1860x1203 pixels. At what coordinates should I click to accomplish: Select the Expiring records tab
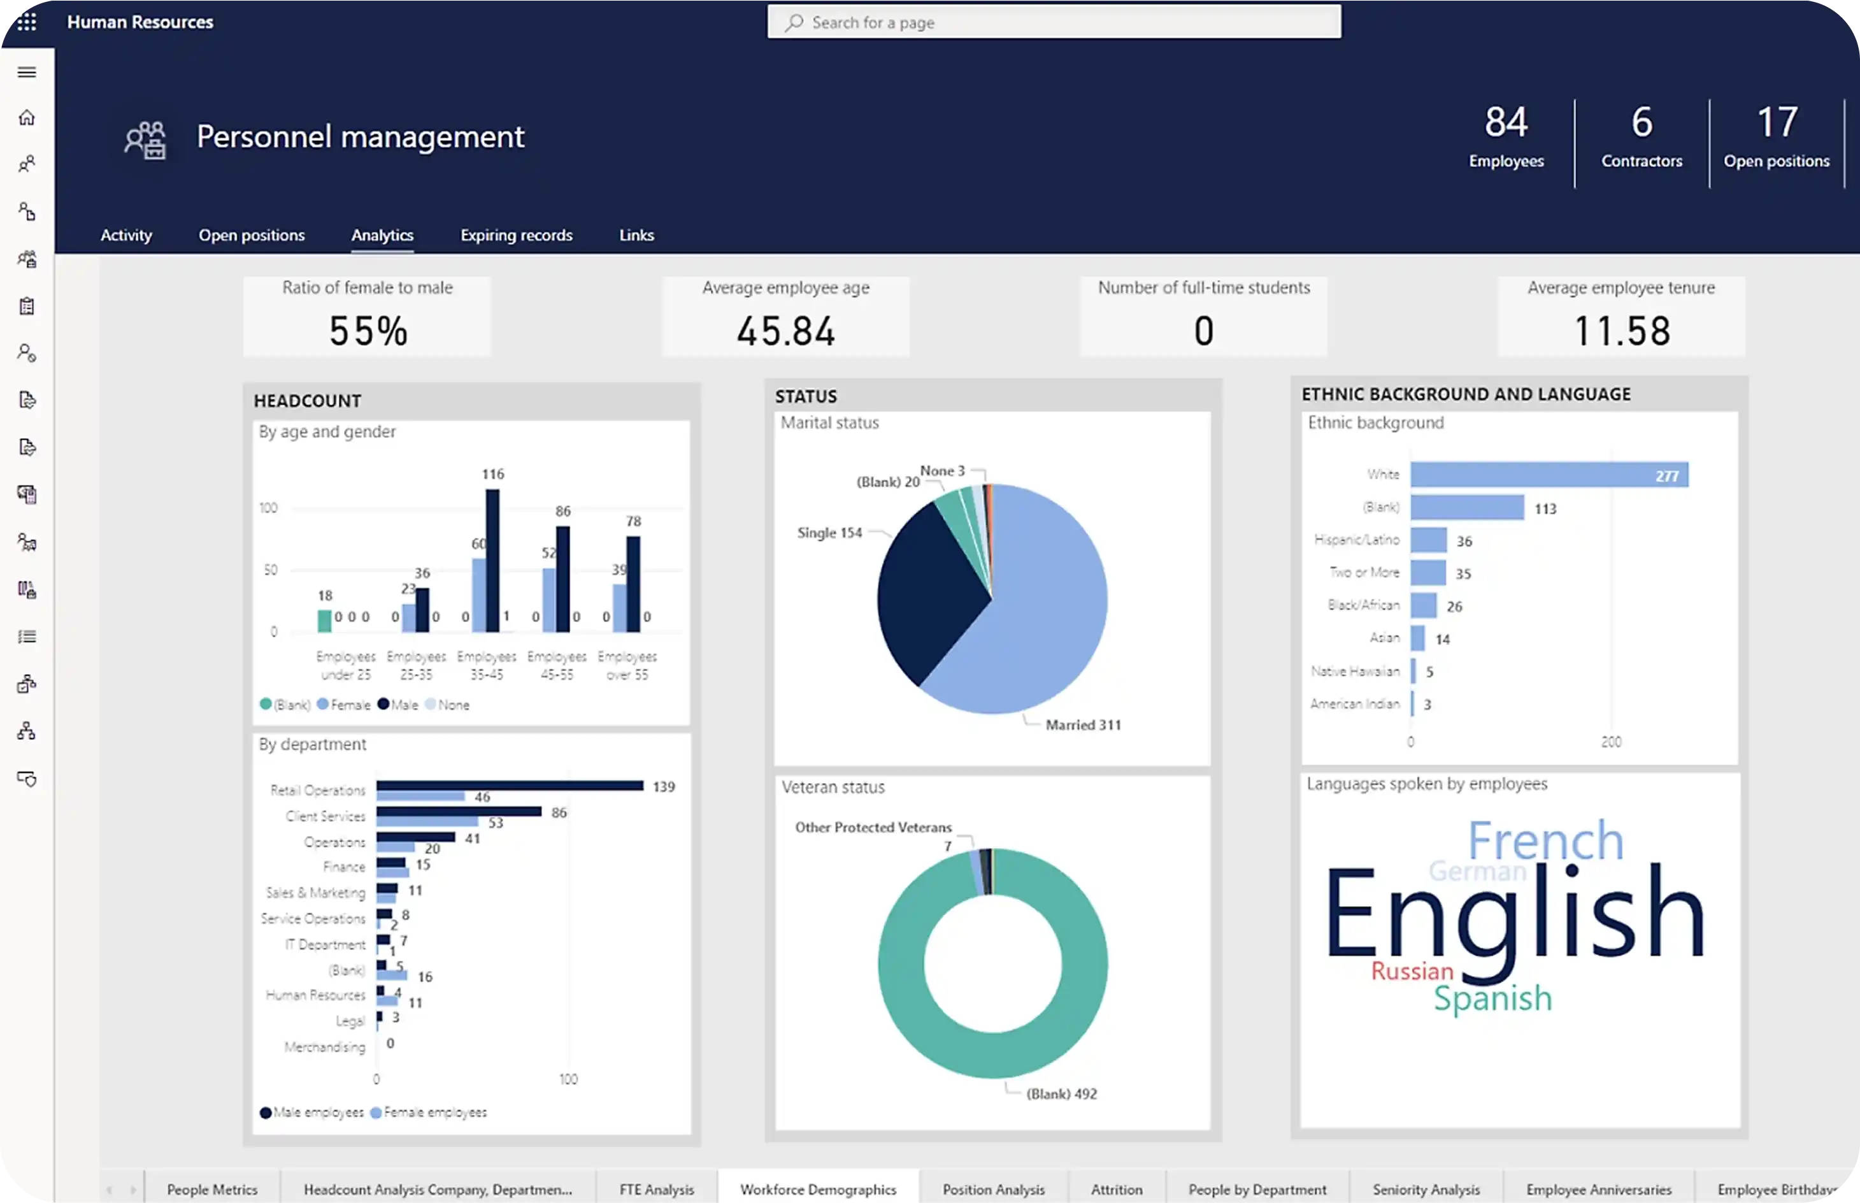[x=516, y=235]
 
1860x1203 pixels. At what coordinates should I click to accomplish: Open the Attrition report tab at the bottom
[x=1116, y=1189]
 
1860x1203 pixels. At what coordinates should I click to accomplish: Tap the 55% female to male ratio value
[x=368, y=331]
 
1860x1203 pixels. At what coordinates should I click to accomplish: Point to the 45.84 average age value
[x=785, y=331]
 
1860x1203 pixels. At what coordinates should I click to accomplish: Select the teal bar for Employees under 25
[x=324, y=621]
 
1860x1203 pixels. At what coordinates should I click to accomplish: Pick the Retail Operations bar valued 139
[x=509, y=785]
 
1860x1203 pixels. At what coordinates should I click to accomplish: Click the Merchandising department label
[x=324, y=1047]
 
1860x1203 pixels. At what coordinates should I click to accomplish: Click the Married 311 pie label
[x=1083, y=725]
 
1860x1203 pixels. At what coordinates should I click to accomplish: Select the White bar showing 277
[x=1549, y=475]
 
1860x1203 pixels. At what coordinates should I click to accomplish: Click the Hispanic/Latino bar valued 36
[x=1428, y=540]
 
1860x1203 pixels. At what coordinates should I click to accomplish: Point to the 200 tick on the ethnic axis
[x=1611, y=741]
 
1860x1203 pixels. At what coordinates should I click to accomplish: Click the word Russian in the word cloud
[x=1412, y=971]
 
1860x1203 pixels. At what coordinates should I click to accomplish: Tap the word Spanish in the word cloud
[x=1492, y=999]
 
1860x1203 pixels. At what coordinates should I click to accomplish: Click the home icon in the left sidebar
[x=27, y=118]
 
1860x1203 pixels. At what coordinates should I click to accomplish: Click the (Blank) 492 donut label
[x=1061, y=1093]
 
